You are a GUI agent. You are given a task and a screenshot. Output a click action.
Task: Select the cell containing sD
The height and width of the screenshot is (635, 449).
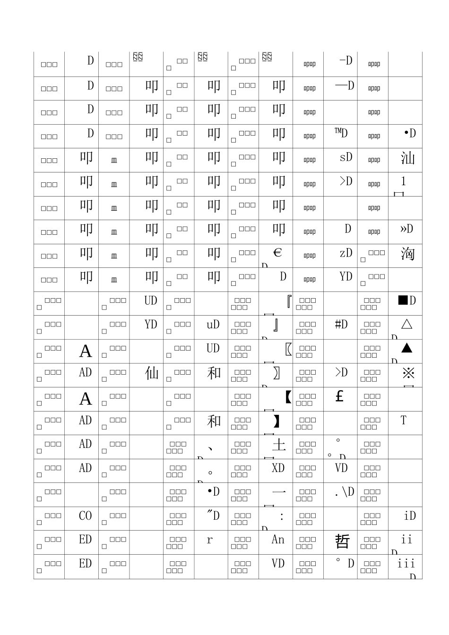(x=346, y=157)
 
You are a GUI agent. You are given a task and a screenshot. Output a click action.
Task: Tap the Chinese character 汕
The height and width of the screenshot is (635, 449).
(x=407, y=157)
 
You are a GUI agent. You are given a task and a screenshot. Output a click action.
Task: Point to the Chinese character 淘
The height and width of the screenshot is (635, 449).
(x=407, y=254)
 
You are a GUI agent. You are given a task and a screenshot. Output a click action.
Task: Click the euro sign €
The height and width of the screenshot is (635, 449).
(x=277, y=253)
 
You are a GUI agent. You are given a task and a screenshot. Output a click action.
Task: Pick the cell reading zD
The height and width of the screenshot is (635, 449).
(x=346, y=253)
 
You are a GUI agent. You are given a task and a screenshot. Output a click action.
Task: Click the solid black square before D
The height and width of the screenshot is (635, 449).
(x=403, y=300)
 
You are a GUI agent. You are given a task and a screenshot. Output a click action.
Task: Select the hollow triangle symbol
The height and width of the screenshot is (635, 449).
(x=406, y=324)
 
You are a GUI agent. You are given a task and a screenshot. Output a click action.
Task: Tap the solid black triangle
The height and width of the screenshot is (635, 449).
(x=406, y=348)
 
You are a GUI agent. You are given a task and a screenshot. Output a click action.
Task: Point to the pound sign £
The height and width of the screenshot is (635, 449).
(x=339, y=396)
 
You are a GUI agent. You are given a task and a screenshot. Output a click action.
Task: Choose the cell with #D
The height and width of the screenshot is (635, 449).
(x=341, y=324)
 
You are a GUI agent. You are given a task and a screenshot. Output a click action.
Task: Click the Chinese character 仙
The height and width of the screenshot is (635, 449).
(x=152, y=373)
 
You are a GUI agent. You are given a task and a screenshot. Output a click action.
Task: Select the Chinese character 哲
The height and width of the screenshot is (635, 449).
(x=342, y=541)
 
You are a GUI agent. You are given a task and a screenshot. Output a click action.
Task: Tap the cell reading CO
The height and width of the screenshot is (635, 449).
(x=86, y=515)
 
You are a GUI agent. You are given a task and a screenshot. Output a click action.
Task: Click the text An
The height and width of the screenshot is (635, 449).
(x=278, y=540)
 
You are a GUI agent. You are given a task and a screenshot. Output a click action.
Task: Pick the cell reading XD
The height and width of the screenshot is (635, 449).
(x=278, y=468)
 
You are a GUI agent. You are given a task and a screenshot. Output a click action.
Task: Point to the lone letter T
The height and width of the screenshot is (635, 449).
(x=403, y=420)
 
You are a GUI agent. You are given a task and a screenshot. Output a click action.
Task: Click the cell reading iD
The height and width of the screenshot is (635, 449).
(x=410, y=515)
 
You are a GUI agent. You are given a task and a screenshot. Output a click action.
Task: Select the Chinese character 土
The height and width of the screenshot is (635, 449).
(x=279, y=445)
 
